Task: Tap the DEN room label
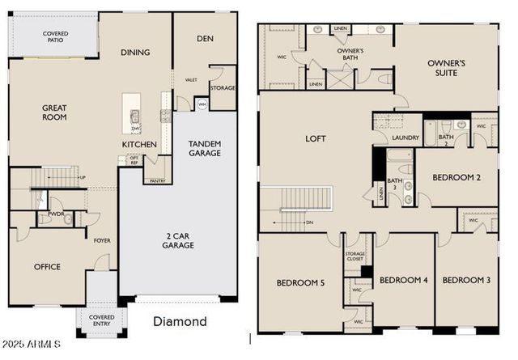[206, 38]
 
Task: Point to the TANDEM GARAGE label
[204, 148]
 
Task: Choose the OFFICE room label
[47, 266]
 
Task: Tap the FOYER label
[103, 240]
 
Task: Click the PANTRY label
[157, 181]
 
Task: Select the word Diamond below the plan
[180, 321]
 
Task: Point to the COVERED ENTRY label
[101, 320]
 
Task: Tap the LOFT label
[315, 138]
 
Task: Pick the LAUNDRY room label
[405, 138]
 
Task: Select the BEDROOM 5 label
[300, 282]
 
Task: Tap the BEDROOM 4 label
[403, 280]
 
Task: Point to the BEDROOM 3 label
[466, 280]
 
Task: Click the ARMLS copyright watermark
[32, 345]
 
